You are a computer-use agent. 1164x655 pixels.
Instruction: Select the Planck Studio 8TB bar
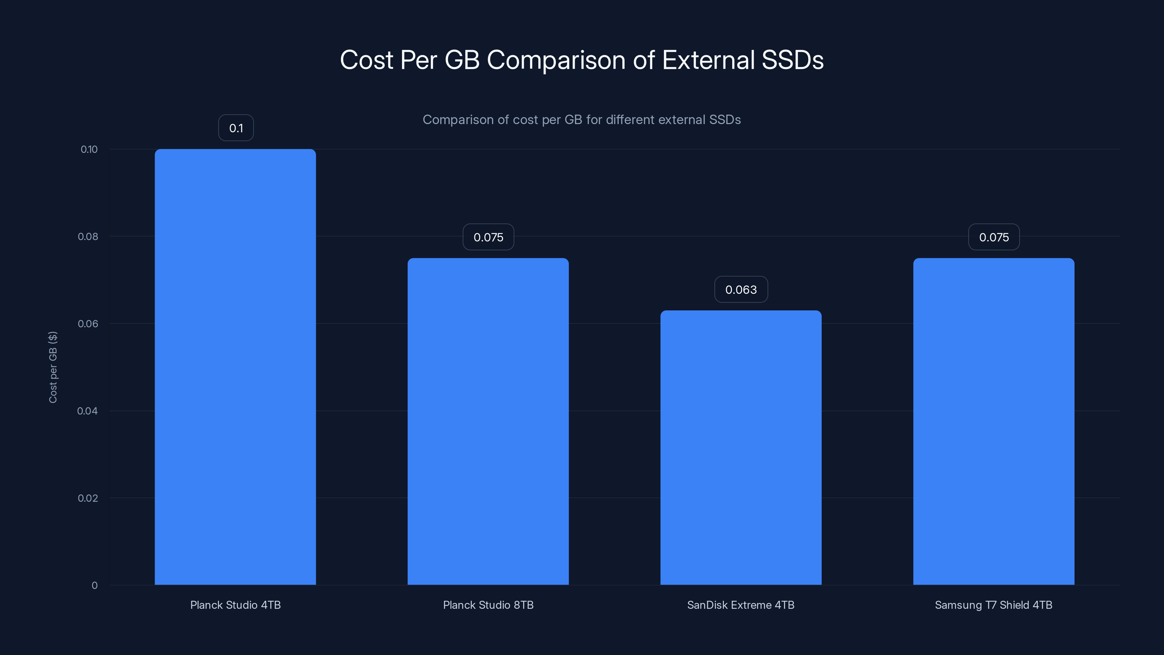pyautogui.click(x=488, y=421)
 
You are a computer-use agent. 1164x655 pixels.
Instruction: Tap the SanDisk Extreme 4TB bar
pyautogui.click(x=741, y=448)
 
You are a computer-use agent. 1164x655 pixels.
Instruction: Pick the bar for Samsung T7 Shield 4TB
pyautogui.click(x=994, y=421)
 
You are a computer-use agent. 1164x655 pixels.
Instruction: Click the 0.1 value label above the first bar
pyautogui.click(x=236, y=128)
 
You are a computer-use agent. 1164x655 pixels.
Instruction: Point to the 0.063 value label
pyautogui.click(x=741, y=289)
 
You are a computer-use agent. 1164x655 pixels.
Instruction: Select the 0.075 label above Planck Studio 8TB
pyautogui.click(x=488, y=237)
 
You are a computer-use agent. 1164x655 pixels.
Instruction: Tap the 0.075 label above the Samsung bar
pyautogui.click(x=994, y=237)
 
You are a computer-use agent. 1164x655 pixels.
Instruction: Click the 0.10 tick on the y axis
pyautogui.click(x=89, y=149)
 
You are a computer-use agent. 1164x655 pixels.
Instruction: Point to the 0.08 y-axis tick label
pyautogui.click(x=88, y=237)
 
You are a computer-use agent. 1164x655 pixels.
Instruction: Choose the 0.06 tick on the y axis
pyautogui.click(x=88, y=323)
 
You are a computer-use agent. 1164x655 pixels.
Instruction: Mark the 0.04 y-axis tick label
pyautogui.click(x=87, y=411)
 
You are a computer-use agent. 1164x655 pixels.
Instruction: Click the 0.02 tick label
pyautogui.click(x=88, y=498)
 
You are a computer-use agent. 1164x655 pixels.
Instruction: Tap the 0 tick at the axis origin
pyautogui.click(x=95, y=585)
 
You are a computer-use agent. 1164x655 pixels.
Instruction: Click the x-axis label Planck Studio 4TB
pyautogui.click(x=235, y=605)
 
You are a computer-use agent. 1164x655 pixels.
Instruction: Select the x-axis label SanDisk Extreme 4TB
pyautogui.click(x=741, y=605)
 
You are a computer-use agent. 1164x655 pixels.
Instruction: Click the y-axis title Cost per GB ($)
pyautogui.click(x=53, y=367)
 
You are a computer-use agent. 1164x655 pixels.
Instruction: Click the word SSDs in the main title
pyautogui.click(x=792, y=60)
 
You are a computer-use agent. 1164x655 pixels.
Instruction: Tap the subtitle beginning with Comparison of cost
pyautogui.click(x=582, y=120)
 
